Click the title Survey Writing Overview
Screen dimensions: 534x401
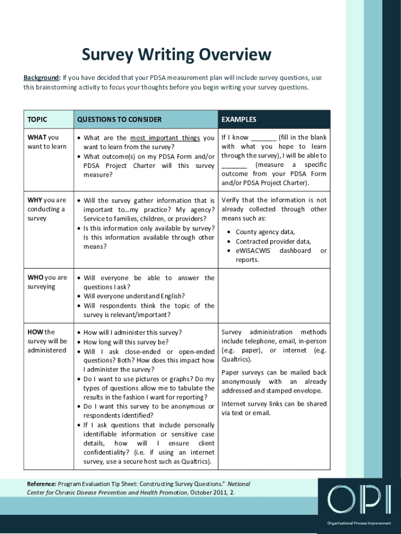click(176, 55)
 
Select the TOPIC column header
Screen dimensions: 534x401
click(37, 119)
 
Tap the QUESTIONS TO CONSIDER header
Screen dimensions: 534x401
click(119, 119)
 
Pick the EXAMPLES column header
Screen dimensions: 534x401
click(239, 119)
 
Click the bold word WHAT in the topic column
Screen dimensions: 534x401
click(36, 138)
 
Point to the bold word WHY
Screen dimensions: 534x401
click(35, 200)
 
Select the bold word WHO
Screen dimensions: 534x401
click(35, 277)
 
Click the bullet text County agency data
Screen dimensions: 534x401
click(265, 232)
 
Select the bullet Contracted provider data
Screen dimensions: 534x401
click(273, 241)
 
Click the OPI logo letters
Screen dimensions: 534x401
click(359, 500)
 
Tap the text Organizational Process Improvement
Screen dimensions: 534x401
click(359, 523)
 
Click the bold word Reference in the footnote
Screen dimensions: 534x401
click(42, 484)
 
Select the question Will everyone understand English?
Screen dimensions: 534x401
click(134, 296)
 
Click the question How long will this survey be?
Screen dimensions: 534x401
click(126, 342)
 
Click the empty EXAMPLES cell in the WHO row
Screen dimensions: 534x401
click(274, 296)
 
